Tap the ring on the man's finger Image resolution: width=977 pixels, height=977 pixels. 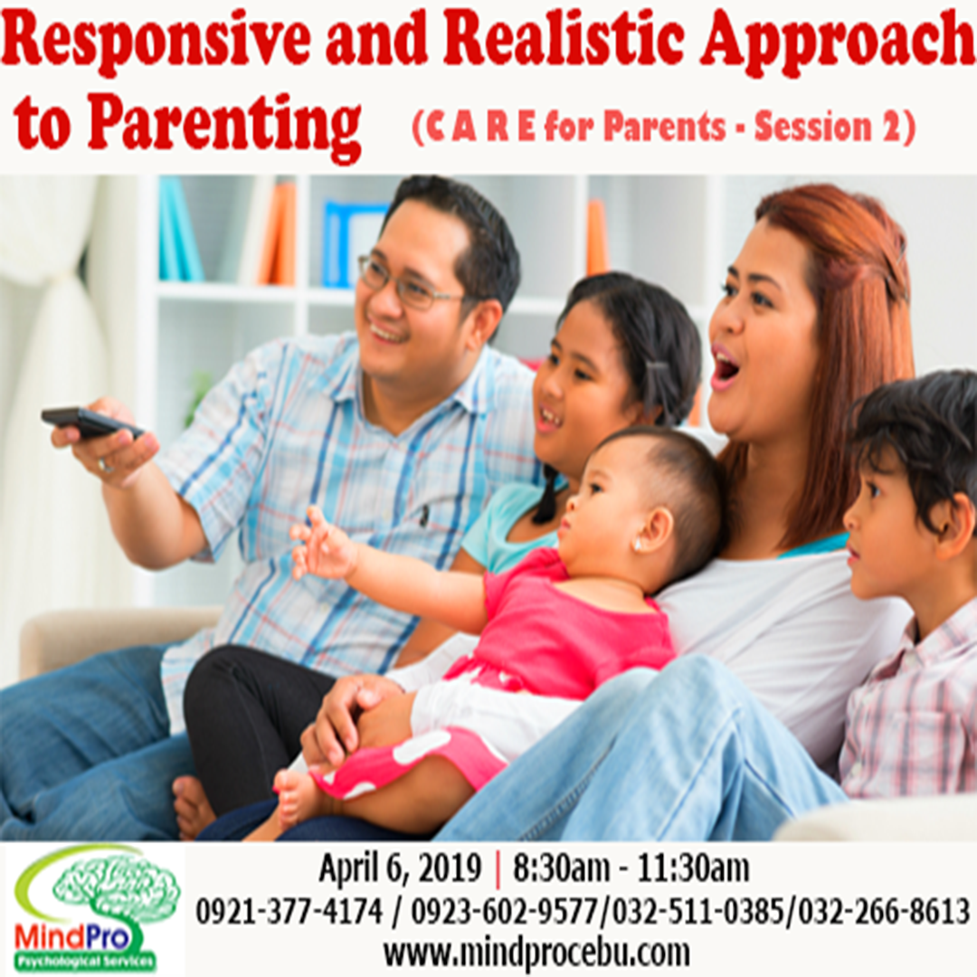(106, 466)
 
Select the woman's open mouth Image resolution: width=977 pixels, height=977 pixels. (725, 366)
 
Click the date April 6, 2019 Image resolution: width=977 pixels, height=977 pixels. (400, 869)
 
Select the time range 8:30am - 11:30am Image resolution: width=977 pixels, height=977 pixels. (631, 869)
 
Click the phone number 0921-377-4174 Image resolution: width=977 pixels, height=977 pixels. (289, 912)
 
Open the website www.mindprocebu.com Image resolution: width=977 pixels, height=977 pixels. (536, 953)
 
